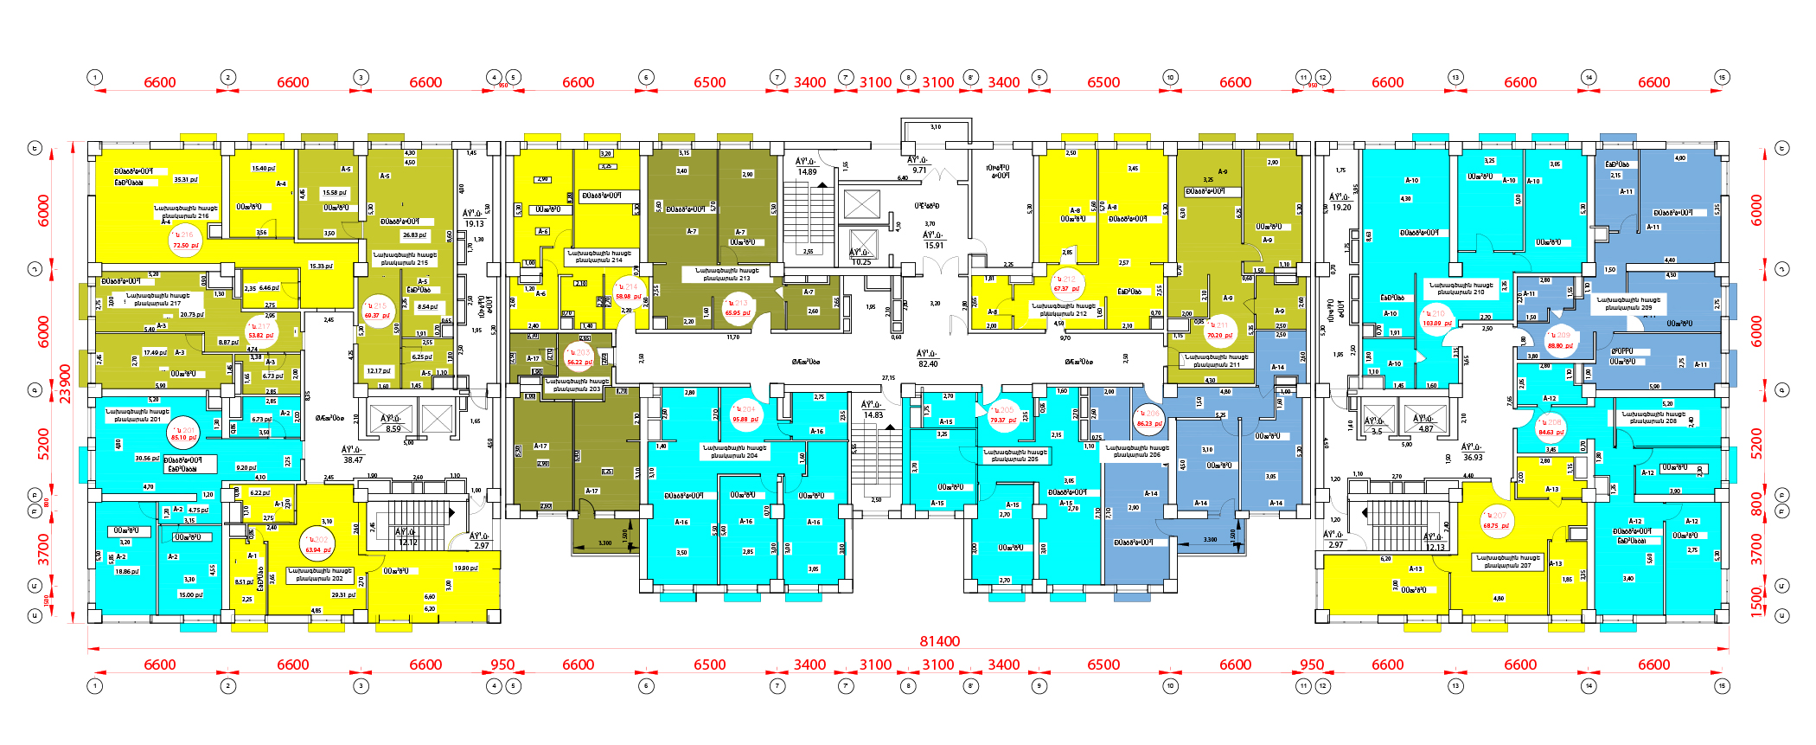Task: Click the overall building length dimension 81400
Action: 939,641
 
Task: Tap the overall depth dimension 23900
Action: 65,383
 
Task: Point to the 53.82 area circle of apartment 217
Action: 261,331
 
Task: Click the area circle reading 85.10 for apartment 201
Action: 184,434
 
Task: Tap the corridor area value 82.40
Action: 928,359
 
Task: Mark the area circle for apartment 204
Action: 745,414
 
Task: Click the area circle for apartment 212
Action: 1066,284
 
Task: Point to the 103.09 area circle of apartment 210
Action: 1436,318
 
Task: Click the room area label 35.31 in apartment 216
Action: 185,180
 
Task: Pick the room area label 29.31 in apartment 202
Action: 343,595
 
